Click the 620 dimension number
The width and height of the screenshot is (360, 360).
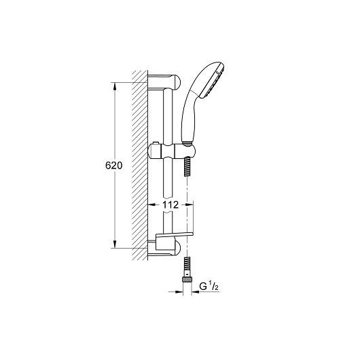click(x=113, y=165)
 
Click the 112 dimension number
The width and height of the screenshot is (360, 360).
click(x=170, y=204)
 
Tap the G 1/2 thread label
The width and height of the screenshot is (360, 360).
click(x=209, y=287)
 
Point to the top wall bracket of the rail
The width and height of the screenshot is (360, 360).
click(x=164, y=82)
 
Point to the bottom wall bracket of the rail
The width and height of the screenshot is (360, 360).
click(x=164, y=249)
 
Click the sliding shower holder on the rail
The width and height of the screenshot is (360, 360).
click(x=172, y=151)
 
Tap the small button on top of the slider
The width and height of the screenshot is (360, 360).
click(x=156, y=143)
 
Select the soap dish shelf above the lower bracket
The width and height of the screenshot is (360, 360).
click(x=174, y=236)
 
